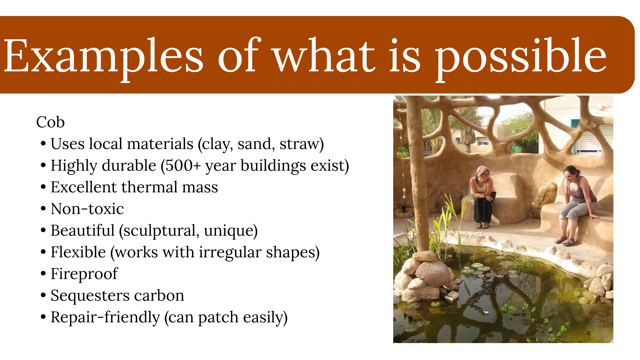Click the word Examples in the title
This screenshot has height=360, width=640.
pyautogui.click(x=103, y=56)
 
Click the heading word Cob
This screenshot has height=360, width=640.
pyautogui.click(x=50, y=122)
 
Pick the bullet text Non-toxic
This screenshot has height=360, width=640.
pyautogui.click(x=87, y=209)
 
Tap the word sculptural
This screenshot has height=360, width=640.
pyautogui.click(x=161, y=231)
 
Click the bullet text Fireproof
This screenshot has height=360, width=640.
pyautogui.click(x=84, y=274)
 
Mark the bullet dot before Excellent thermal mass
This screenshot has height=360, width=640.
pyautogui.click(x=43, y=187)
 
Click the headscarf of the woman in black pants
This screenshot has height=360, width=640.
pyautogui.click(x=481, y=170)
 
